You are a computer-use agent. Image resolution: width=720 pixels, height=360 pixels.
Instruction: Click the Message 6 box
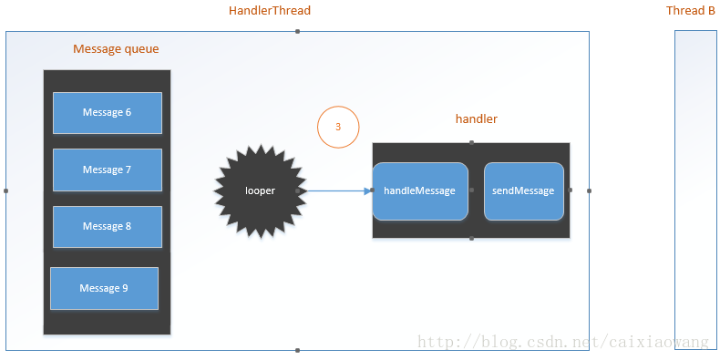coord(108,113)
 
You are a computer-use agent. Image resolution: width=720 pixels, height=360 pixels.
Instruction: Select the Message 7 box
coord(108,170)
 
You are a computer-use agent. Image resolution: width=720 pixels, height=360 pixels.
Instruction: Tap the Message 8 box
coord(108,226)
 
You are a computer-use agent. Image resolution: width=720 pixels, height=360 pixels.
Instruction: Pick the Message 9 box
coord(104,288)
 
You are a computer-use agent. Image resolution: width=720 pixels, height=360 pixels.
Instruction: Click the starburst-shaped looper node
coord(260,190)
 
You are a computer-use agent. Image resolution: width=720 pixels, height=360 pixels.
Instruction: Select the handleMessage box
coord(419,191)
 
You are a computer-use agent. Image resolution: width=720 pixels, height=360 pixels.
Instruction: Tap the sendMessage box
coord(523,191)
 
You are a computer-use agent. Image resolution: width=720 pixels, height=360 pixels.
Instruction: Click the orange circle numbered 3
coord(338,128)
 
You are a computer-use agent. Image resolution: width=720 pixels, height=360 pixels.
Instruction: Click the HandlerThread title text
coord(270,11)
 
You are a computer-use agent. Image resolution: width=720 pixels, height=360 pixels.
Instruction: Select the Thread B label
coord(690,11)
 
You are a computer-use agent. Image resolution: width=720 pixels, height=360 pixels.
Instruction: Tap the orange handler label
coord(476,119)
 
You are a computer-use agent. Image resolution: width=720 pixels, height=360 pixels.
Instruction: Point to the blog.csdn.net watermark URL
coord(562,343)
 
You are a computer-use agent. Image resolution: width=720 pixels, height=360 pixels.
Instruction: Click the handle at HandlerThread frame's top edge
coord(297,31)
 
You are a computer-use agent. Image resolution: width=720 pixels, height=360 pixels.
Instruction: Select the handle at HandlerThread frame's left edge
coord(5,190)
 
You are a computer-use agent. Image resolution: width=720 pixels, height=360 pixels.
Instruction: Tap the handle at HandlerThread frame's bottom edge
coord(297,350)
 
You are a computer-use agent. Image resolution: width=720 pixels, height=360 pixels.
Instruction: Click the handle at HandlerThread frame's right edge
coord(589,190)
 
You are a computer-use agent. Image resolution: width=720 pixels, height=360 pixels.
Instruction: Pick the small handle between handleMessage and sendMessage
coord(471,190)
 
